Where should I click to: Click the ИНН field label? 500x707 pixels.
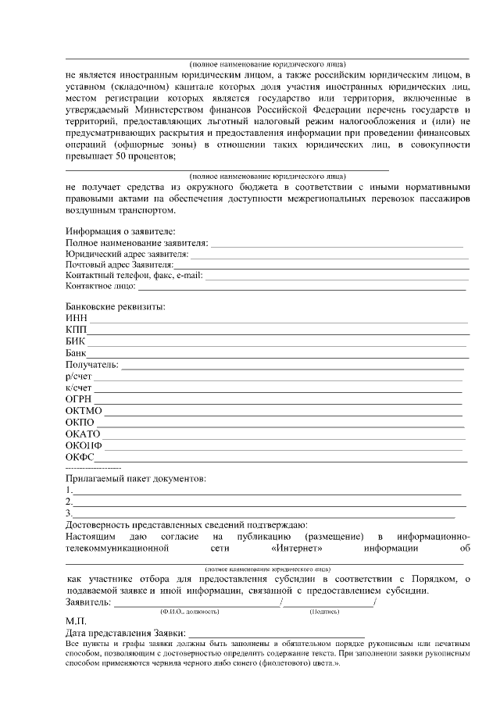(x=77, y=318)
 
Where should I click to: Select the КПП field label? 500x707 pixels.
(x=77, y=330)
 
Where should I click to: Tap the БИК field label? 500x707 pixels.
(x=76, y=341)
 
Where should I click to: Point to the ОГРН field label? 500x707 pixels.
(x=80, y=399)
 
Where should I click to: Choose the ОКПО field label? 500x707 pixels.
(x=80, y=423)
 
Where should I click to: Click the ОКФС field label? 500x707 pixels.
(x=80, y=457)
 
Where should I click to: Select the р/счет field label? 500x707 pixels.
(x=80, y=377)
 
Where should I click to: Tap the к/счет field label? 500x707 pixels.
(x=80, y=388)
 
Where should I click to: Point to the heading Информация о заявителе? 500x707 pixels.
(x=121, y=231)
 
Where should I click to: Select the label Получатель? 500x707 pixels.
(x=92, y=365)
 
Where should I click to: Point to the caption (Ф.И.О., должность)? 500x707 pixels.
(x=189, y=611)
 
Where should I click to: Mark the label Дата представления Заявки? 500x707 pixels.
(x=126, y=632)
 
